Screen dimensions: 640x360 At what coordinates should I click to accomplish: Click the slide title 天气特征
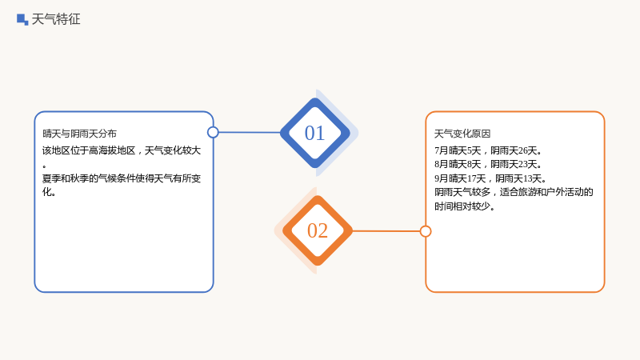(x=56, y=19)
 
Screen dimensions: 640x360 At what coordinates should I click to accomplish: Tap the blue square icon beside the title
(x=22, y=19)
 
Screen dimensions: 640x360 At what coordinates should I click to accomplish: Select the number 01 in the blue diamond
(x=314, y=133)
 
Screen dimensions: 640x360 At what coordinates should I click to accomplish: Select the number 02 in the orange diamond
(x=318, y=230)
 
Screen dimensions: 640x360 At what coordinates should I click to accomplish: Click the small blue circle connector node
(x=213, y=132)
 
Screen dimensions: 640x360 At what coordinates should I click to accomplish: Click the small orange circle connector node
(x=426, y=231)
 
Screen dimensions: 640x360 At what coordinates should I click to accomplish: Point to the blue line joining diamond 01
(x=250, y=132)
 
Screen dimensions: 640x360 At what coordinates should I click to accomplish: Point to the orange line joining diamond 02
(x=386, y=231)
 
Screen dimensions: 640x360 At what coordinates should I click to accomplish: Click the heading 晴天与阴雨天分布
(x=79, y=134)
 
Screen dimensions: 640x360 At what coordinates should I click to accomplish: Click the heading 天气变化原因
(x=462, y=134)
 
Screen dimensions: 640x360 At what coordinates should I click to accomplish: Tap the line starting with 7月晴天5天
(x=488, y=150)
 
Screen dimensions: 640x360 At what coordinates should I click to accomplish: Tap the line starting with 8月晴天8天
(x=488, y=164)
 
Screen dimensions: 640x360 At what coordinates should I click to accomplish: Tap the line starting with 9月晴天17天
(x=490, y=178)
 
